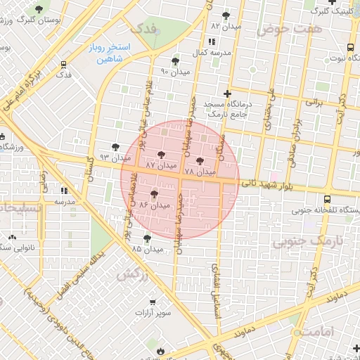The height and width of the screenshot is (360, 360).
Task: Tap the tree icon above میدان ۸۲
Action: pyautogui.click(x=226, y=15)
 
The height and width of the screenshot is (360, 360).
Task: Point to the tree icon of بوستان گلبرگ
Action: pyautogui.click(x=37, y=9)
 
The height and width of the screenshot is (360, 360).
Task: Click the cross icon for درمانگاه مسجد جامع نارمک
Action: pyautogui.click(x=227, y=93)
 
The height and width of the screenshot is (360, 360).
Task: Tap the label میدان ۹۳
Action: pyautogui.click(x=111, y=157)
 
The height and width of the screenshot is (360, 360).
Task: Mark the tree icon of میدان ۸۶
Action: pyautogui.click(x=154, y=193)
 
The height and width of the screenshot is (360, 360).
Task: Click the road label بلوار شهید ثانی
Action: pyautogui.click(x=268, y=184)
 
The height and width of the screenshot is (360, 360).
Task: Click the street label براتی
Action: pyautogui.click(x=313, y=102)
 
